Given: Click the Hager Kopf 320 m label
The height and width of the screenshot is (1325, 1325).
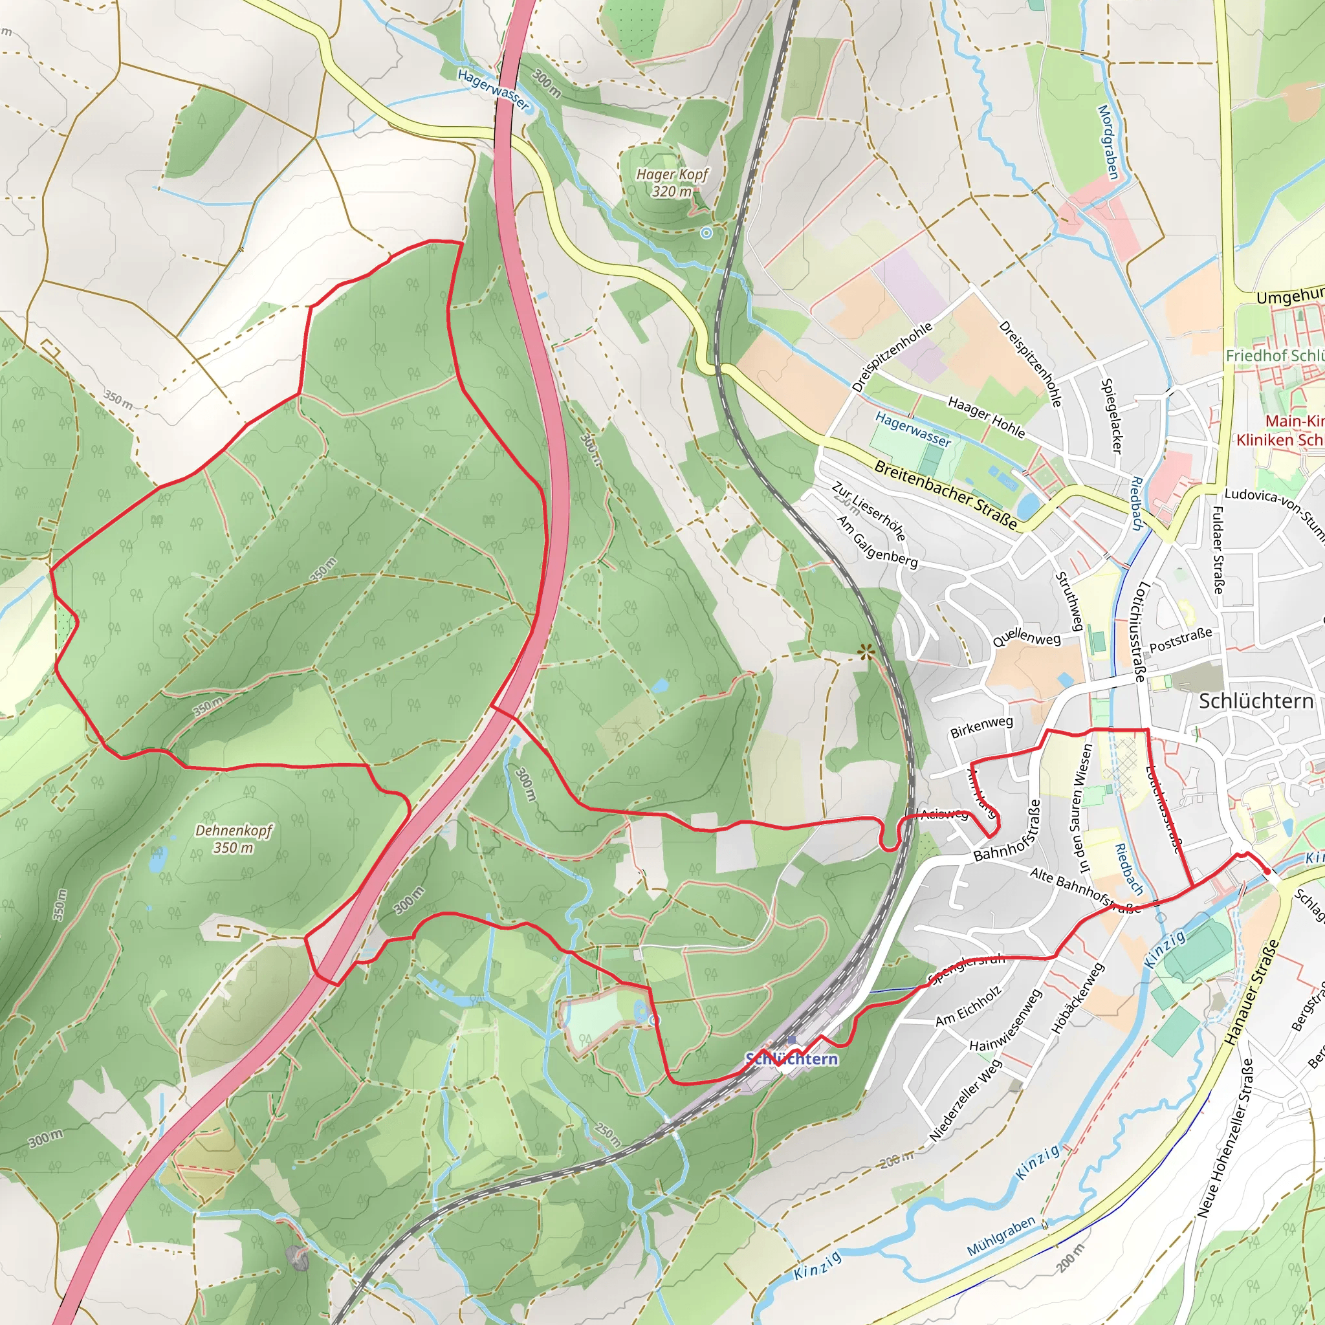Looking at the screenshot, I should click(x=672, y=182).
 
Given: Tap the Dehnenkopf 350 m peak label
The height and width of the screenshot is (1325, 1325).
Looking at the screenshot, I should click(x=234, y=839).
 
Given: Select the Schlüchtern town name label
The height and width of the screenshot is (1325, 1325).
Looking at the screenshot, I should click(x=1256, y=701).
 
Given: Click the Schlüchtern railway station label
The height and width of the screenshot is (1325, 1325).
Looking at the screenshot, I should click(x=791, y=1059).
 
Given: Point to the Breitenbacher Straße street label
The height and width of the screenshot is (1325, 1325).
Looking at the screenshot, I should click(x=946, y=494).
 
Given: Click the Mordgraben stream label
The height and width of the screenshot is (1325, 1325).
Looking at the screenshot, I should click(x=1108, y=142).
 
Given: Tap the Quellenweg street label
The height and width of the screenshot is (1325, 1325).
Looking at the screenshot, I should click(x=1026, y=639).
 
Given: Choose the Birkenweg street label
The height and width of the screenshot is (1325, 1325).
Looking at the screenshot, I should click(x=981, y=728).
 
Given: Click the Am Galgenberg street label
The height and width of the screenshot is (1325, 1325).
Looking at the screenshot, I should click(x=877, y=542).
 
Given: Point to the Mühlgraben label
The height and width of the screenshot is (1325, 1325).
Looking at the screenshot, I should click(x=1001, y=1236).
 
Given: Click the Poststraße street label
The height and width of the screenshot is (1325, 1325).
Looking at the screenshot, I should click(x=1180, y=640).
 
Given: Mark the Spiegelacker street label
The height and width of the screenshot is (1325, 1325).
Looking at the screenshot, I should click(x=1111, y=415).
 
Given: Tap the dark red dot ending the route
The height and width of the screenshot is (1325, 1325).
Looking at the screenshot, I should click(x=1267, y=871).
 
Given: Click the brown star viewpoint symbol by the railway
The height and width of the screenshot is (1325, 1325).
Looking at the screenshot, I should click(x=866, y=652).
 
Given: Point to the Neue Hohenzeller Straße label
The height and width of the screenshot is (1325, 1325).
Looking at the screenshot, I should click(x=1225, y=1139).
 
